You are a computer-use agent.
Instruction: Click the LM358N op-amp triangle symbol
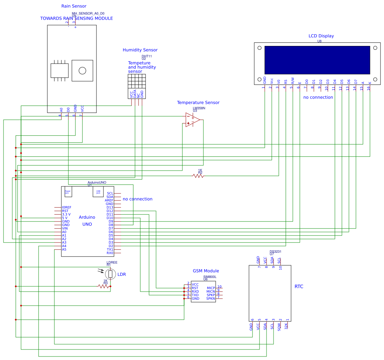[192, 120]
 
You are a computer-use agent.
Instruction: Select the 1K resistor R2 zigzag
[198, 176]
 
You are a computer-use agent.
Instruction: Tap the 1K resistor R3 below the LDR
[104, 286]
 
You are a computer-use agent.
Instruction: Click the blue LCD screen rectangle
[317, 60]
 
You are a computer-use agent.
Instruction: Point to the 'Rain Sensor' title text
[74, 6]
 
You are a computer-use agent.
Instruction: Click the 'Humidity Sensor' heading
[140, 50]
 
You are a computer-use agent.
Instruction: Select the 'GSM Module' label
[206, 271]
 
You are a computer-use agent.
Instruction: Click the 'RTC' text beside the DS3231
[299, 287]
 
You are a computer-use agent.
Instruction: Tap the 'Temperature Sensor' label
[198, 103]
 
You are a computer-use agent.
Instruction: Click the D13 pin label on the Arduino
[110, 208]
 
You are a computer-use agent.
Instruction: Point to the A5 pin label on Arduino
[64, 250]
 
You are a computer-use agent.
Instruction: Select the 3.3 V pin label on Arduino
[66, 215]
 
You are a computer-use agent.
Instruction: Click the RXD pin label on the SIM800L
[195, 292]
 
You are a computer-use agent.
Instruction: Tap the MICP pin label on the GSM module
[211, 288]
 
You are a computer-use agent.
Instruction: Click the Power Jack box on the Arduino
[68, 192]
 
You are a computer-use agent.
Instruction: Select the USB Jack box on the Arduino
[98, 192]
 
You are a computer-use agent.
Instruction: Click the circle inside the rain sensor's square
[82, 70]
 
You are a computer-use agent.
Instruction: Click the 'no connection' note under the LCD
[318, 97]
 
